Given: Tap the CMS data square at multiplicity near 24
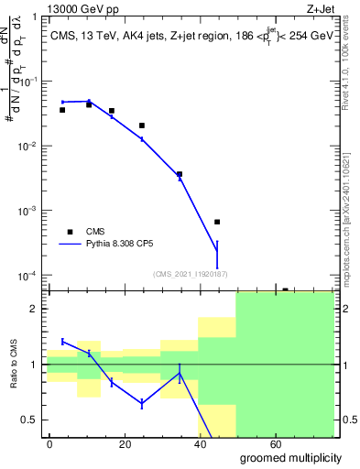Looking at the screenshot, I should point(142,125).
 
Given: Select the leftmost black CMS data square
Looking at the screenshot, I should point(62,110).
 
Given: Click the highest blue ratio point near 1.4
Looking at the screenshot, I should point(62,341).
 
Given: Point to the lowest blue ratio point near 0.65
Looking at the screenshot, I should point(142,403).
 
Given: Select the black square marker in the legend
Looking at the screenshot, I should point(70,231).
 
